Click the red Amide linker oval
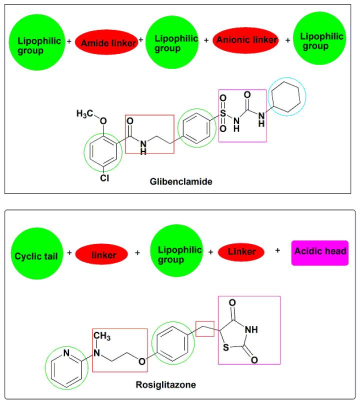click(x=106, y=42)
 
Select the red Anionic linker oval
click(x=245, y=40)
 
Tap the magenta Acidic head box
click(x=320, y=253)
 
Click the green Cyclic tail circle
click(x=37, y=253)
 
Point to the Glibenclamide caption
click(x=181, y=181)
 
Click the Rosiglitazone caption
click(x=165, y=384)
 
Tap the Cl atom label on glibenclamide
click(x=104, y=178)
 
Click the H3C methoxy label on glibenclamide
click(x=84, y=113)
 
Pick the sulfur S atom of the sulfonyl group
click(x=223, y=113)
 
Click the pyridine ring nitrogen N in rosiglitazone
click(x=66, y=352)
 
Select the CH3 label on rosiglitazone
click(x=102, y=335)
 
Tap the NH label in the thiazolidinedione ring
click(x=251, y=329)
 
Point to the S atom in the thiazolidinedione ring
click(x=225, y=347)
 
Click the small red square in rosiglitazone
click(x=205, y=329)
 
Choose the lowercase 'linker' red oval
click(x=101, y=254)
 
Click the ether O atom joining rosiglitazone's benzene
click(x=142, y=361)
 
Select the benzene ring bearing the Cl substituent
click(x=103, y=152)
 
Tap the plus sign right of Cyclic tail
click(x=69, y=252)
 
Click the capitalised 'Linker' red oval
click(x=241, y=252)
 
